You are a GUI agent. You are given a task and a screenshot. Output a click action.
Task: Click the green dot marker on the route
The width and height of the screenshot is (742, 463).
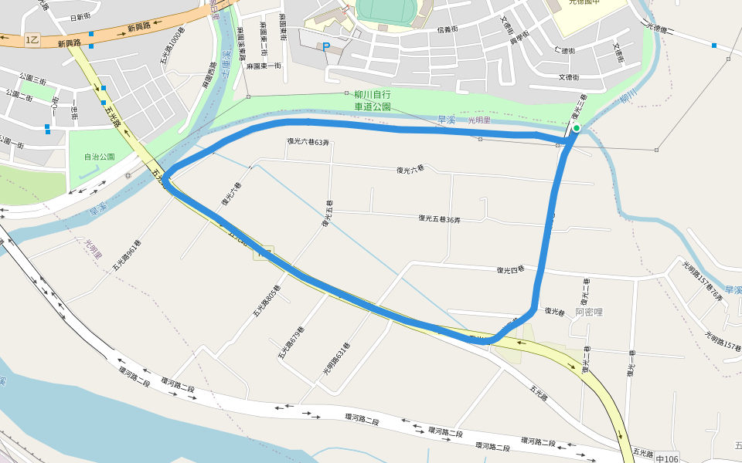(x=577, y=128)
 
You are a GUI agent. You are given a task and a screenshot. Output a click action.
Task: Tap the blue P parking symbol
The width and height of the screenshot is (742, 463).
(x=325, y=47)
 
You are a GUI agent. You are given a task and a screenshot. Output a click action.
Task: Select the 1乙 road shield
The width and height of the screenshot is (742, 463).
(x=32, y=39)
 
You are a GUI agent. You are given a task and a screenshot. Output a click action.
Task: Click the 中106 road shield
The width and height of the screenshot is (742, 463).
(x=666, y=459)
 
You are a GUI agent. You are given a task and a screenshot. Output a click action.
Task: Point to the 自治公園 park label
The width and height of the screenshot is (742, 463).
(x=100, y=157)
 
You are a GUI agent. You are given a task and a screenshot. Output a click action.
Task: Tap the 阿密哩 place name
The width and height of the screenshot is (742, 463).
(x=589, y=313)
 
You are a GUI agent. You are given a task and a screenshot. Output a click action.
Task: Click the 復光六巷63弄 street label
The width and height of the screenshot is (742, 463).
(x=308, y=142)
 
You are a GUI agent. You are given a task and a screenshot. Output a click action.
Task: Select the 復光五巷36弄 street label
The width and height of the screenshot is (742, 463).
(x=439, y=219)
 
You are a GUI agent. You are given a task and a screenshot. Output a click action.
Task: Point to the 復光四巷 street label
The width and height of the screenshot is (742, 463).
(x=510, y=269)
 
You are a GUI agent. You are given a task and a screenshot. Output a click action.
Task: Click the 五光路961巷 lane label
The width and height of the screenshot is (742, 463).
(x=125, y=255)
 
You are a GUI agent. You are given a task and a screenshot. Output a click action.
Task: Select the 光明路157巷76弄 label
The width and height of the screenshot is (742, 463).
(x=703, y=280)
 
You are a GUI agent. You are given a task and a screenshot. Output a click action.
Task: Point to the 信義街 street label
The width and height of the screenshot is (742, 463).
(x=448, y=29)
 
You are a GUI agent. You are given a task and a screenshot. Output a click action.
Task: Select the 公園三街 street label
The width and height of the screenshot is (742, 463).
(x=32, y=78)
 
